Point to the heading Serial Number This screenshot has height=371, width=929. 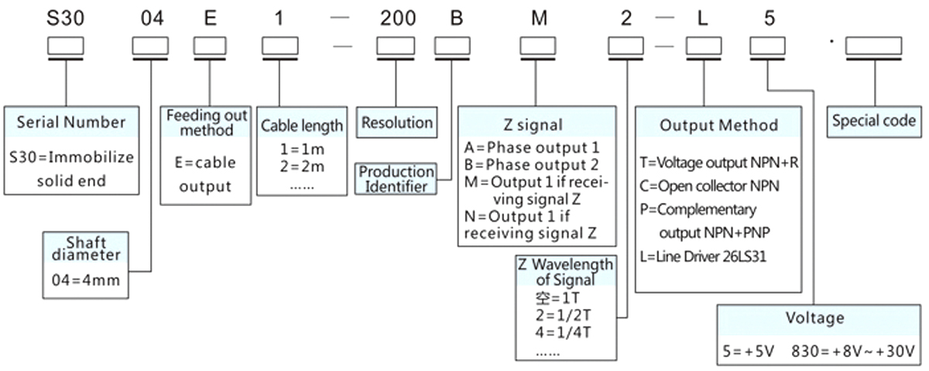[70, 122]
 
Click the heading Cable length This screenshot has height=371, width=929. [302, 125]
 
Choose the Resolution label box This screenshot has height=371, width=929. [397, 122]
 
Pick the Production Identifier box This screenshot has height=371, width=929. [396, 178]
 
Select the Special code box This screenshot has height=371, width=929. [873, 121]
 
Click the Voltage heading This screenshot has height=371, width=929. [814, 318]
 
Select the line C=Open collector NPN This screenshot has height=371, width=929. [709, 186]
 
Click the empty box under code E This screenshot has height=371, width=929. [204, 47]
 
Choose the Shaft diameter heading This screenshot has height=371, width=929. [86, 250]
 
